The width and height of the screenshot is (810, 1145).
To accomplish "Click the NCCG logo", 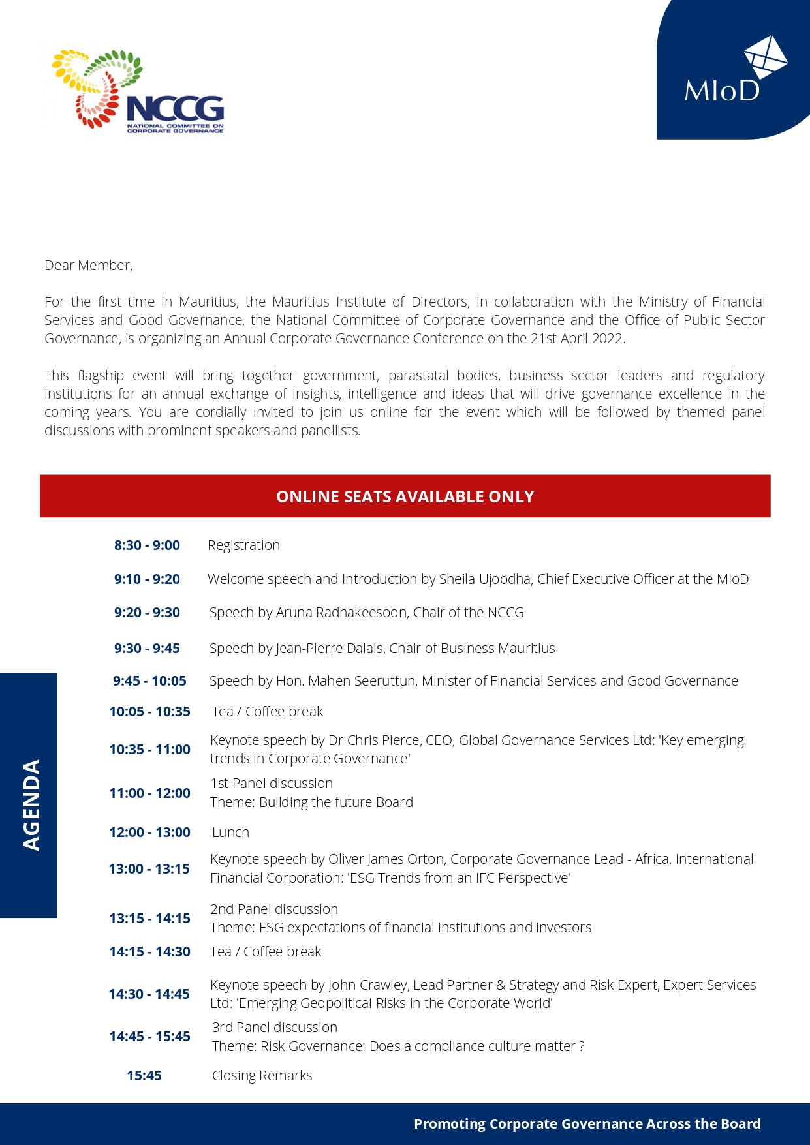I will pos(138,91).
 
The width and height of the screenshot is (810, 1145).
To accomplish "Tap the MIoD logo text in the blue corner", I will pos(722,91).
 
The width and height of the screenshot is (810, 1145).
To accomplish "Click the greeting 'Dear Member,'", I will pos(89,266).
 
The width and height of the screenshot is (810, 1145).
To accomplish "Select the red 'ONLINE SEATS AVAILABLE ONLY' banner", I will pos(405,496).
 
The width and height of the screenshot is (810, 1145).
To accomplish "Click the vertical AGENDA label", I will pos(31,804).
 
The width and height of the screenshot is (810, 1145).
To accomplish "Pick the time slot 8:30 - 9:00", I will pos(147,545).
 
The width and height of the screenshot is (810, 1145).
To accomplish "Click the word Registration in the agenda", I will pos(243,545).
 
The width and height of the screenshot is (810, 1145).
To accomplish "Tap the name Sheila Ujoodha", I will pos(484,579).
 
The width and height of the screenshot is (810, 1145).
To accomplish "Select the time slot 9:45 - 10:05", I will pos(149,681).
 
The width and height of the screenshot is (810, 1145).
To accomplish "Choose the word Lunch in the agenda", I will pos(230,832).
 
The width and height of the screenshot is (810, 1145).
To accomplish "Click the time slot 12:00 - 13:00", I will pos(149,832).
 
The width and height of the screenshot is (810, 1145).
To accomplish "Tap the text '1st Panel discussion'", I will pos(272,784).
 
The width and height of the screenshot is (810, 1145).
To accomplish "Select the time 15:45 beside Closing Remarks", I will pos(144,1076).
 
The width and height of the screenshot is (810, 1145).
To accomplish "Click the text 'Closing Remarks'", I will pos(262,1076).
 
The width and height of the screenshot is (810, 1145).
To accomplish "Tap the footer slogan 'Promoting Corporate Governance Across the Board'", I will pos(587,1123).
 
